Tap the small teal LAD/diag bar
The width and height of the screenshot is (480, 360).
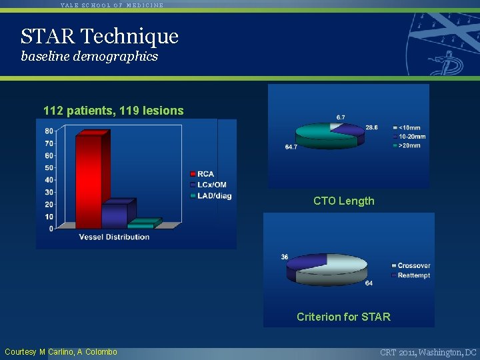tap(145, 223)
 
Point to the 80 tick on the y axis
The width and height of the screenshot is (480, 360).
tap(49, 131)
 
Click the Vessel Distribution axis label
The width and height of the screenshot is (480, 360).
tap(114, 237)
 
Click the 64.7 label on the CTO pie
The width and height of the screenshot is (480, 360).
tap(291, 147)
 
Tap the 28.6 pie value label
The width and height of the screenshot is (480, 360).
tap(371, 127)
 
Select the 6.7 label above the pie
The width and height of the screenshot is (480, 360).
tap(341, 117)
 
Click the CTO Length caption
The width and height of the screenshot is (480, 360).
tap(344, 201)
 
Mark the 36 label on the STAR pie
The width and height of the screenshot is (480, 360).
tap(285, 257)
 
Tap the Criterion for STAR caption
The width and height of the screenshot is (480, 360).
tap(343, 317)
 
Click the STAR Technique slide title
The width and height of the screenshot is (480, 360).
tap(99, 35)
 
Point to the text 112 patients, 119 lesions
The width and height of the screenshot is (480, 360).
tap(113, 111)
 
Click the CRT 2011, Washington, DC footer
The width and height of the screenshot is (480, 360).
tap(428, 352)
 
